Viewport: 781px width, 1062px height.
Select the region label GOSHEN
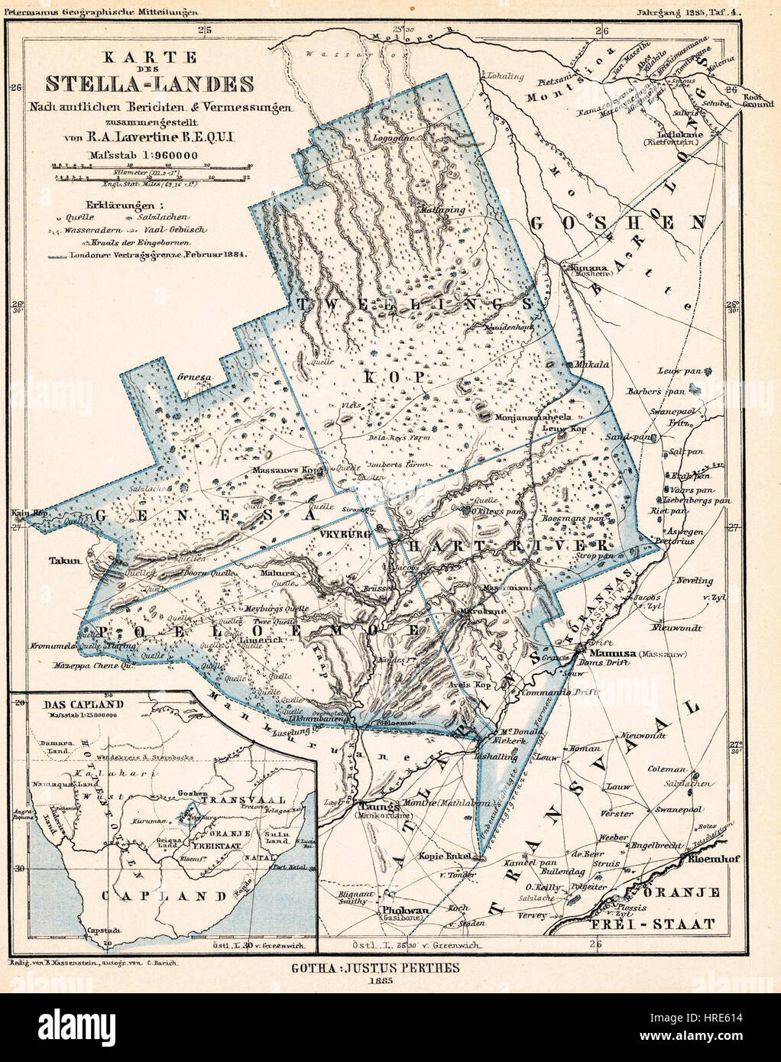(615, 223)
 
